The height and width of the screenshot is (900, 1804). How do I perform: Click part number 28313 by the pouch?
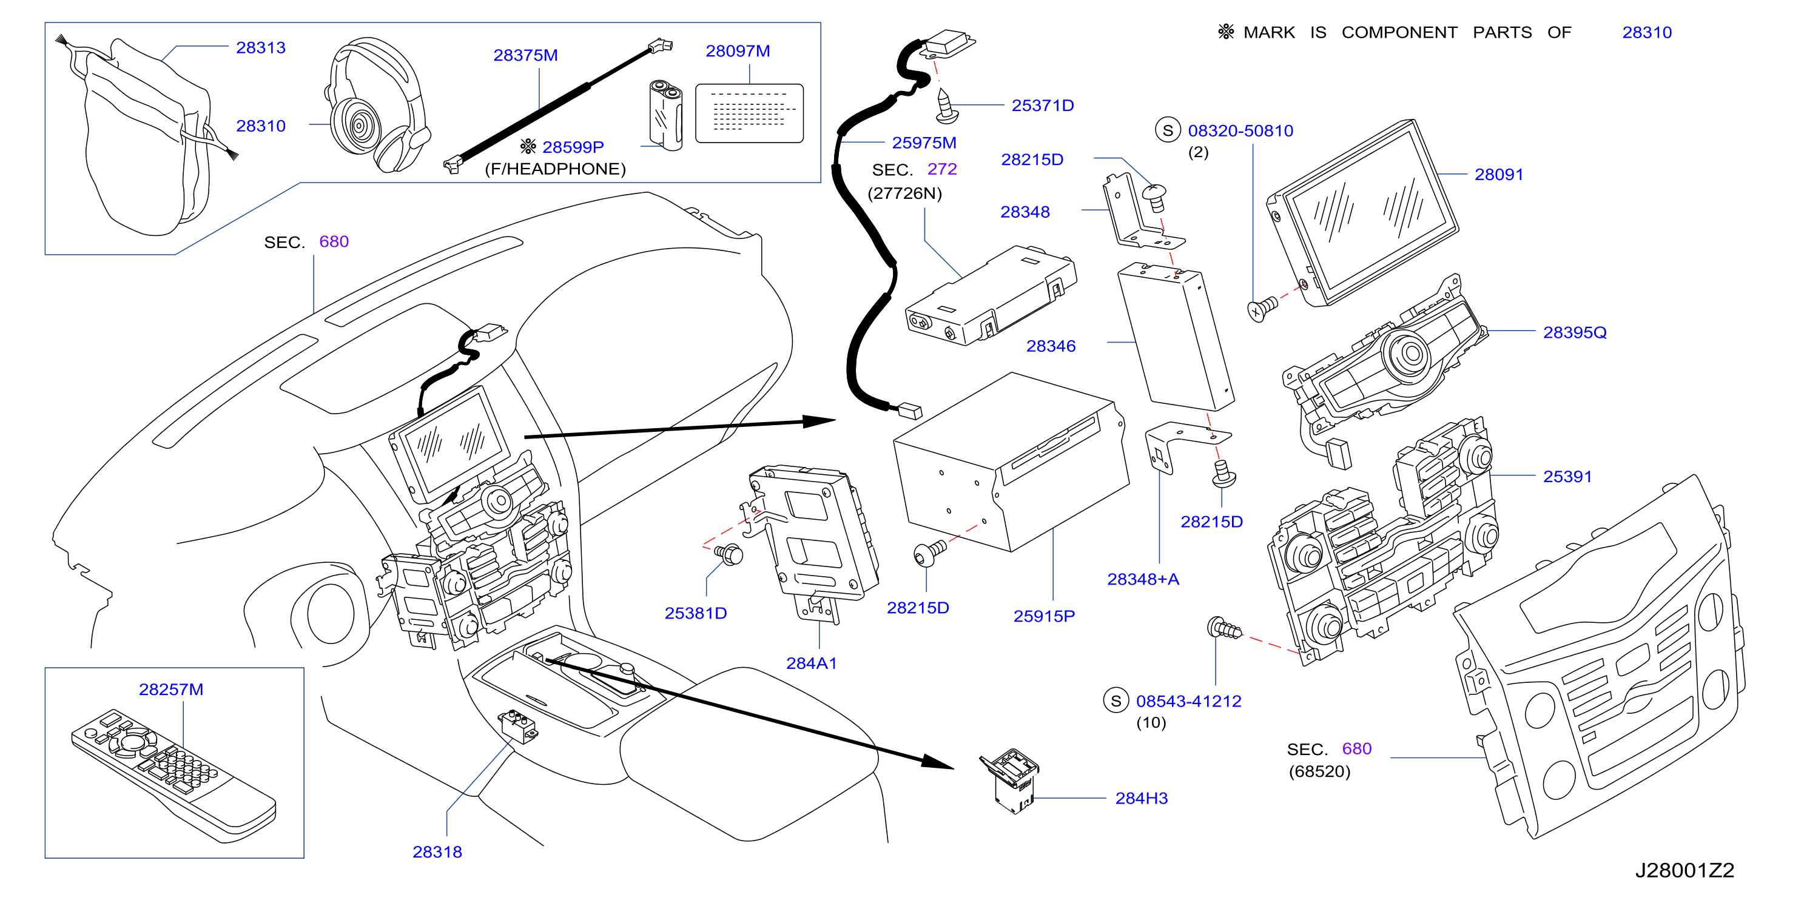(260, 48)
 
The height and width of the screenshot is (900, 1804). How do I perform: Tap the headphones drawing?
(377, 105)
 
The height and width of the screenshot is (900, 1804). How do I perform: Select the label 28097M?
(738, 51)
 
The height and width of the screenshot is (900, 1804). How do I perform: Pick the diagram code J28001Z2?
(1685, 870)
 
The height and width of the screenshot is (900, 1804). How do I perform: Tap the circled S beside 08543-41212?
(1116, 700)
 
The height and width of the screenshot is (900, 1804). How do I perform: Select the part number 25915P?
(1043, 616)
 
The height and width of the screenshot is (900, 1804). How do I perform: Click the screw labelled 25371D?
(946, 105)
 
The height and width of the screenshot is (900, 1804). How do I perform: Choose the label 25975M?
(924, 143)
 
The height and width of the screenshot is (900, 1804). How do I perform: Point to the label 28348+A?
(1143, 579)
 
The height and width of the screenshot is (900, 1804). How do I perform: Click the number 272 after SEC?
(942, 169)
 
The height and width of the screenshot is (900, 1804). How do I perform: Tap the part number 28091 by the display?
(1499, 175)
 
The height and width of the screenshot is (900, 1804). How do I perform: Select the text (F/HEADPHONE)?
(556, 169)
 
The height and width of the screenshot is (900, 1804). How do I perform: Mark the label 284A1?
(811, 663)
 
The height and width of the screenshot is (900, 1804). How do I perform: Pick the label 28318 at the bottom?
(437, 851)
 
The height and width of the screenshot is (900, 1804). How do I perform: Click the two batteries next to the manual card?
(666, 115)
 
